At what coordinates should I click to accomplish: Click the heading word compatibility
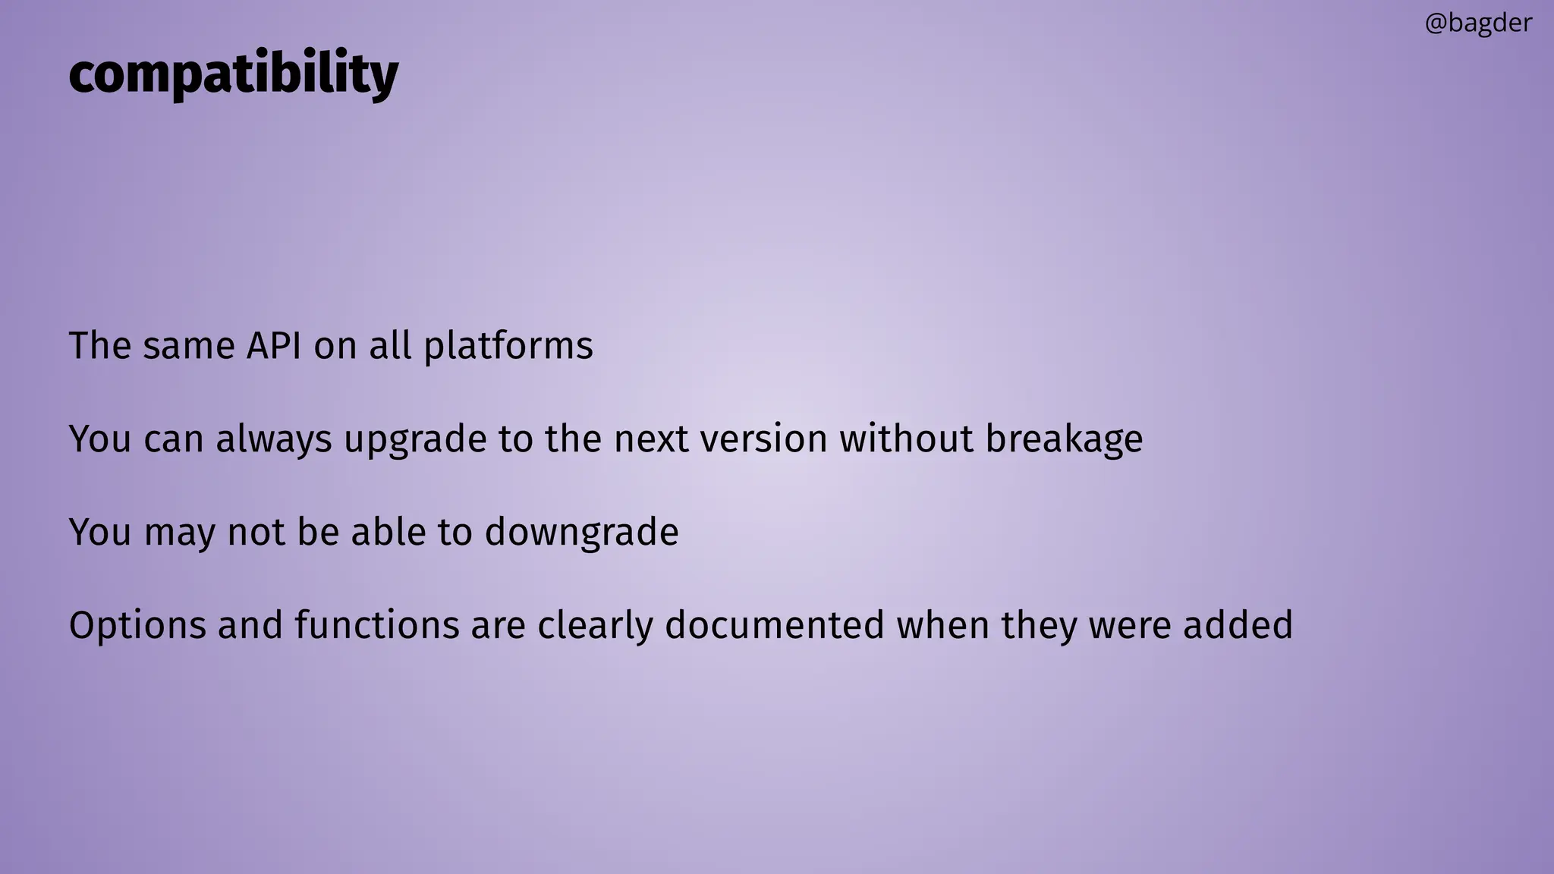[x=233, y=74]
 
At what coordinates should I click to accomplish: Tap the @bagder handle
[x=1478, y=24]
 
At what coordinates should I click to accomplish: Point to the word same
[x=189, y=347]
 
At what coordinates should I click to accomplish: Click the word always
[x=274, y=440]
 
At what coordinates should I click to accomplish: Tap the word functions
[x=377, y=626]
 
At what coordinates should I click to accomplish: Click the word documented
[x=775, y=626]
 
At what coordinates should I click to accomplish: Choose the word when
[x=942, y=626]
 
